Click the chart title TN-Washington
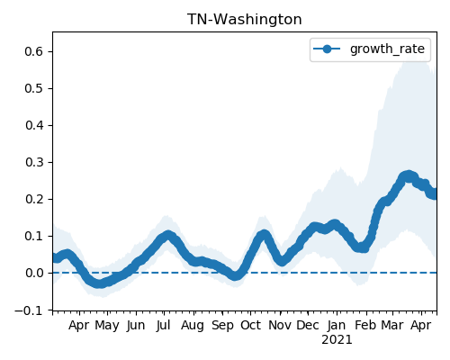pyautogui.click(x=245, y=20)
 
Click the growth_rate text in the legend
pyautogui.click(x=387, y=49)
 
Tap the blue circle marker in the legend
pyautogui.click(x=327, y=49)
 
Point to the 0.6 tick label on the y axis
pyautogui.click(x=34, y=51)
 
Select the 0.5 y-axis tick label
pyautogui.click(x=34, y=88)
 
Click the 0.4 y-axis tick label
pyautogui.click(x=34, y=125)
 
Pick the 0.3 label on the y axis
pyautogui.click(x=34, y=162)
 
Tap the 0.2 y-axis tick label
pyautogui.click(x=34, y=199)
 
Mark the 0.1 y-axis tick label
pyautogui.click(x=34, y=236)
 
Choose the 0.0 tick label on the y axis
pyautogui.click(x=34, y=273)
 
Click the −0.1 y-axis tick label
pyautogui.click(x=29, y=310)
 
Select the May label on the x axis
pyautogui.click(x=107, y=326)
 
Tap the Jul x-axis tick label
pyautogui.click(x=164, y=325)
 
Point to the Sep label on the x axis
pyautogui.click(x=222, y=326)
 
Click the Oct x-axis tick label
pyautogui.click(x=250, y=325)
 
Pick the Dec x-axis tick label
pyautogui.click(x=308, y=325)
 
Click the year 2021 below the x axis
pyautogui.click(x=337, y=340)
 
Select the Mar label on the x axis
pyautogui.click(x=392, y=325)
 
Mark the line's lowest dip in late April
pyautogui.click(x=100, y=283)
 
